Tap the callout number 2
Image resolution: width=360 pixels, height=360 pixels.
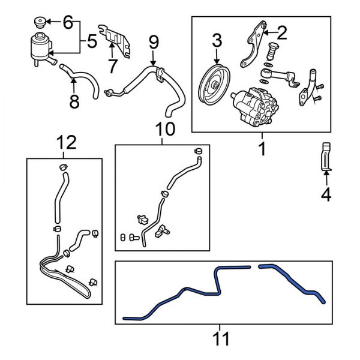(x=281, y=32)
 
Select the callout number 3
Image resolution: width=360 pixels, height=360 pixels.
(x=216, y=41)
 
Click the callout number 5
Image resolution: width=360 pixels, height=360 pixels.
(x=91, y=41)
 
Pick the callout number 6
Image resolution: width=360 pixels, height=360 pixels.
(x=67, y=23)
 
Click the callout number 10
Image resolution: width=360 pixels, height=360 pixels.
(x=162, y=128)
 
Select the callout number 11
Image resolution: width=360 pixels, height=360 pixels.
(x=222, y=340)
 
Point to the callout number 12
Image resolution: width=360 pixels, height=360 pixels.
(x=67, y=143)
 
